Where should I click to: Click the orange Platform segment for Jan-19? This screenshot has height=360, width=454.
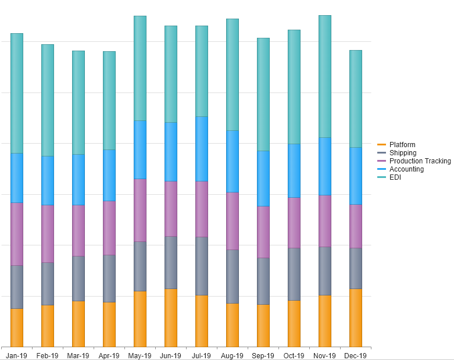coord(17,327)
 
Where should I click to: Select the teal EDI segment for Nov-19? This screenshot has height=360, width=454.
coord(325,76)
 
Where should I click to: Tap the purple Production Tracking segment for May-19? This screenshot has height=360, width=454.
coord(140,210)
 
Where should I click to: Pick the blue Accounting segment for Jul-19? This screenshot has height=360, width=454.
coord(202,148)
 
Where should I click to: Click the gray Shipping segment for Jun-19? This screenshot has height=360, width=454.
coord(171,262)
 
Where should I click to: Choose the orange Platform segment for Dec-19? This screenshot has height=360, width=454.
coord(356,318)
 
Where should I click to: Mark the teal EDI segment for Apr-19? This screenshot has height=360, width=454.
coord(109,100)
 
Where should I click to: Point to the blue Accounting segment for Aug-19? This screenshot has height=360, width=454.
coord(233,161)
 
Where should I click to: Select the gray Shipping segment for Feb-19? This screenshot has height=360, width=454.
coord(48,283)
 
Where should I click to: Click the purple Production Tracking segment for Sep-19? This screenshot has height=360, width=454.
coord(263,231)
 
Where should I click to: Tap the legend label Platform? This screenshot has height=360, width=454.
coord(402,145)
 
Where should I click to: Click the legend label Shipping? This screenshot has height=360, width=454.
coord(403,153)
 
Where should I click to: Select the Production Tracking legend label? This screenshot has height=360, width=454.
coord(420,161)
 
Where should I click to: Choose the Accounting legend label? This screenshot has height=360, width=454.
coord(406,169)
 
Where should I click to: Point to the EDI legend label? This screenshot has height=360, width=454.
coord(395,177)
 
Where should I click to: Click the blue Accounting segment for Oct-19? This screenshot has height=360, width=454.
coord(294,170)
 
